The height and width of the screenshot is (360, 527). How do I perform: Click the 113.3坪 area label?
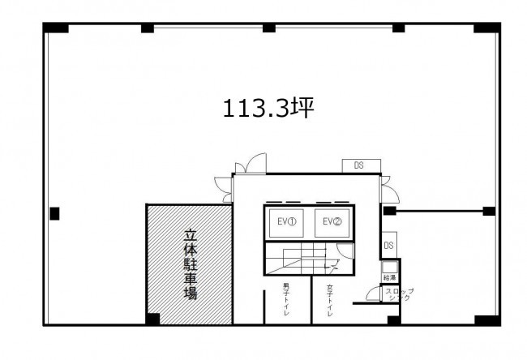point(268,108)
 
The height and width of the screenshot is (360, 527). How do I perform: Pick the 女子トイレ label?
point(331,301)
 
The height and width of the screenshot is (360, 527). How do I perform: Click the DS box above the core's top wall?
point(358,165)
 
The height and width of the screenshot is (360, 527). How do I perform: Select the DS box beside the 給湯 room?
point(389,245)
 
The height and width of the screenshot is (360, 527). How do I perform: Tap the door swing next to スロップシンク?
point(374,294)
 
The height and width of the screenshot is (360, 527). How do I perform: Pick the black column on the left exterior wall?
point(54,213)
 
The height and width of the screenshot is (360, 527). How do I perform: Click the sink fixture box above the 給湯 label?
point(390,267)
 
